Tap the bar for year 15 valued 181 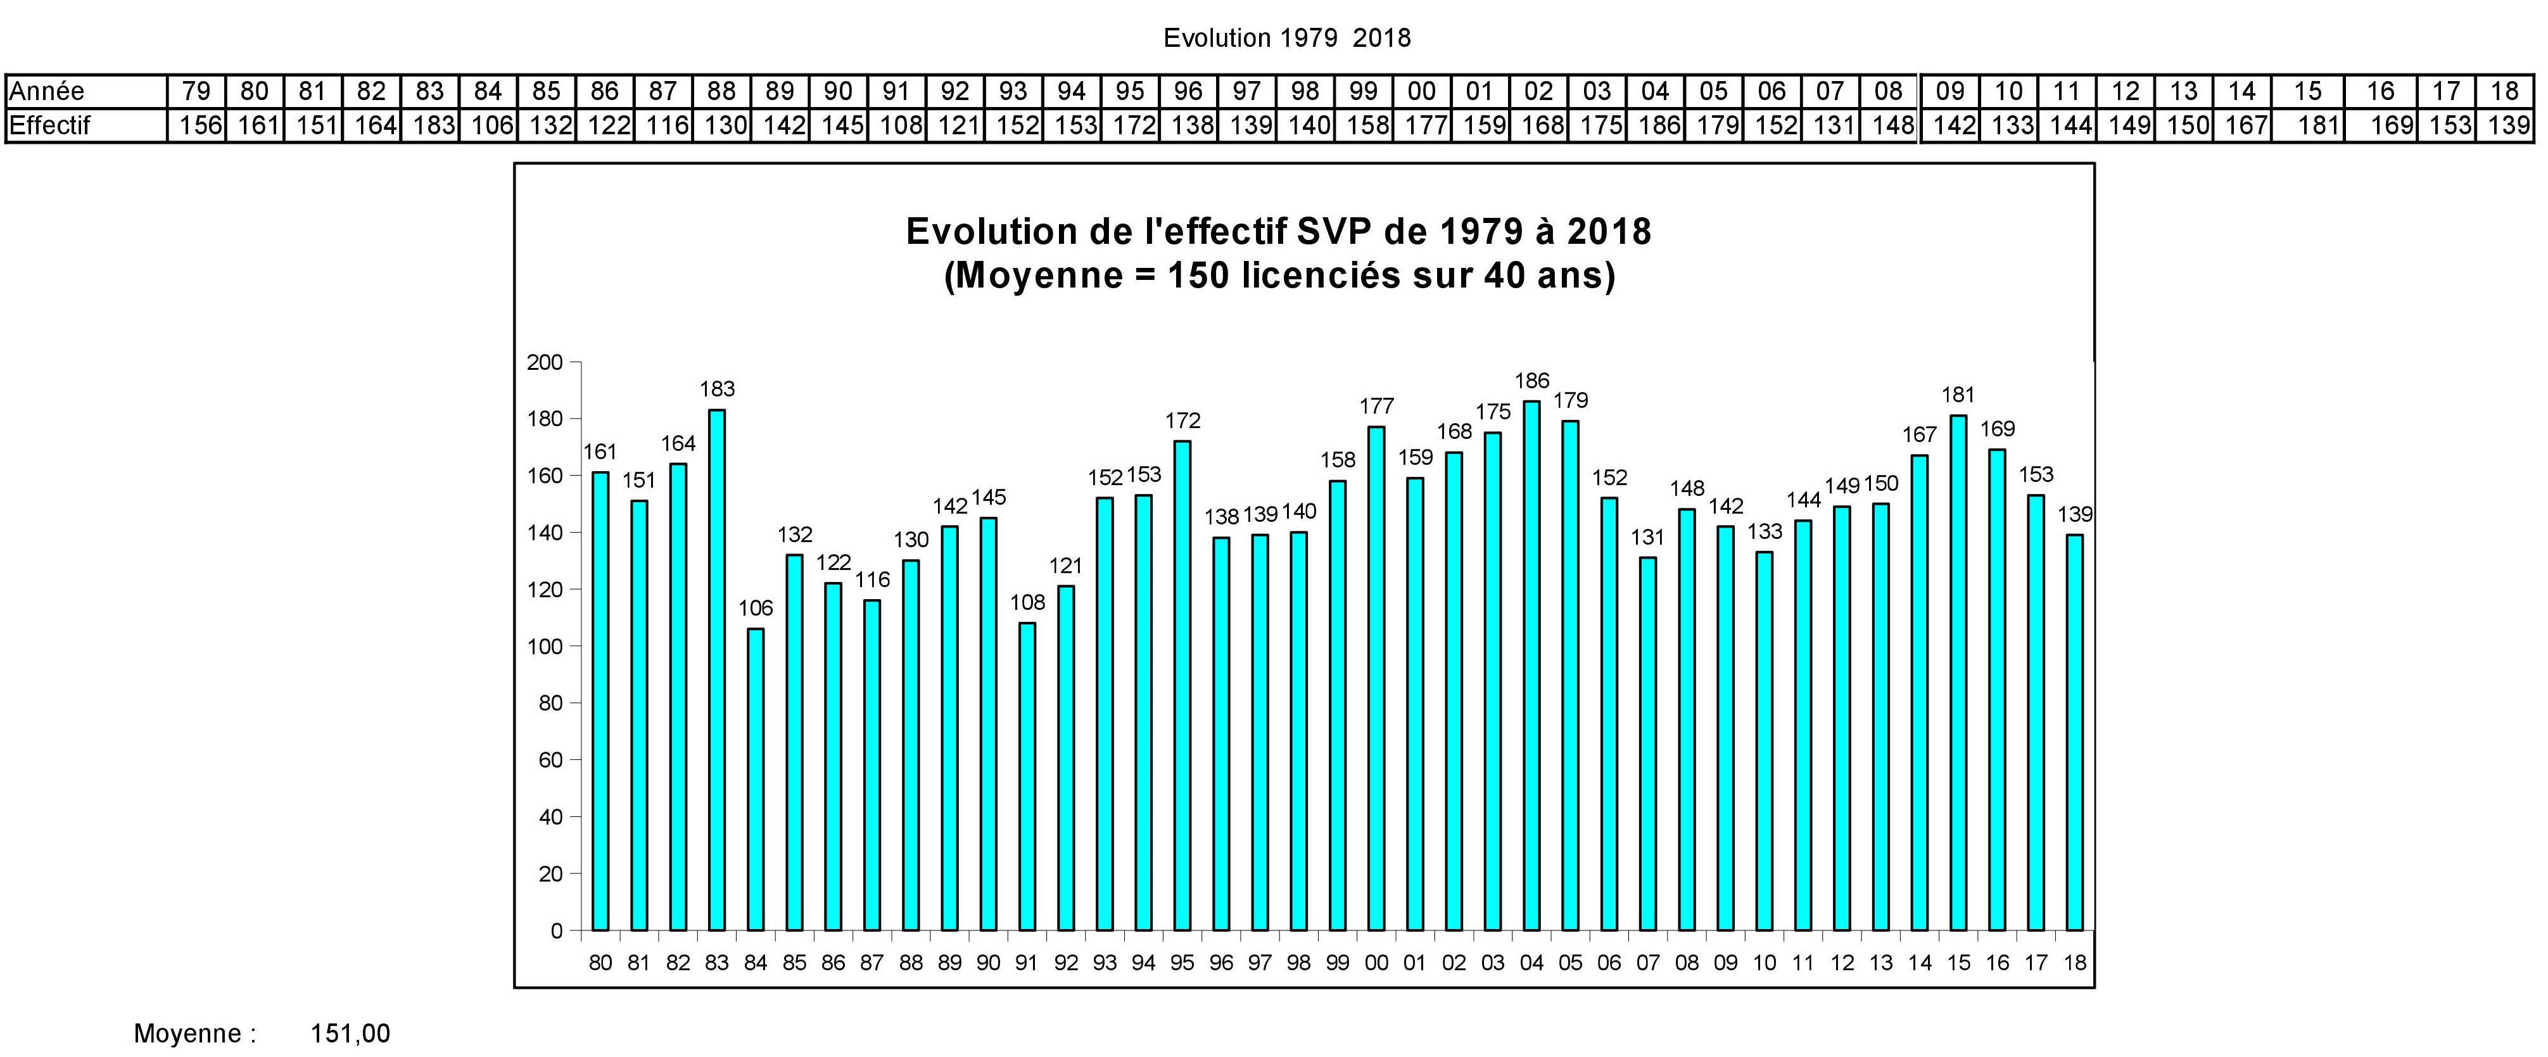(x=1958, y=673)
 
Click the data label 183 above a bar (x=717, y=389)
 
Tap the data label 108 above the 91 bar (x=1027, y=602)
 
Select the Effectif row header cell (x=49, y=125)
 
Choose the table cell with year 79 (x=196, y=91)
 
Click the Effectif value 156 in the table (x=200, y=125)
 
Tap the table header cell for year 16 (x=2380, y=91)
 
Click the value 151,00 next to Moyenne (x=350, y=1034)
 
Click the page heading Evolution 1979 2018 (x=1286, y=37)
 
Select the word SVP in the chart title (x=1333, y=231)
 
